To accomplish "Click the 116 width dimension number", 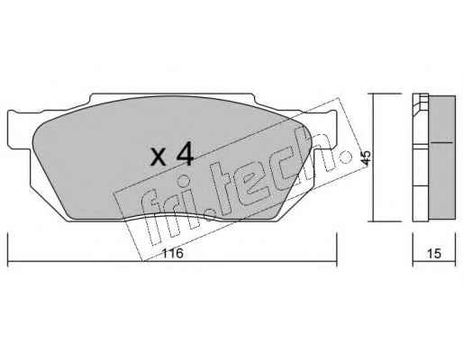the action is tap(172, 254).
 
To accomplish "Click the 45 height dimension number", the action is tap(367, 157).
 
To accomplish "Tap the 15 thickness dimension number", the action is tap(434, 254).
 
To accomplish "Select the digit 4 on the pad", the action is tap(186, 154).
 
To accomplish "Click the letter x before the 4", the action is tap(159, 157).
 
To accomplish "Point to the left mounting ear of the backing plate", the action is tap(19, 129).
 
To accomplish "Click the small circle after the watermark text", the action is tap(346, 157).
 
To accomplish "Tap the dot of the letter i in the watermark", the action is tap(184, 181).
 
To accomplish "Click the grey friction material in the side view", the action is tap(442, 157).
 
